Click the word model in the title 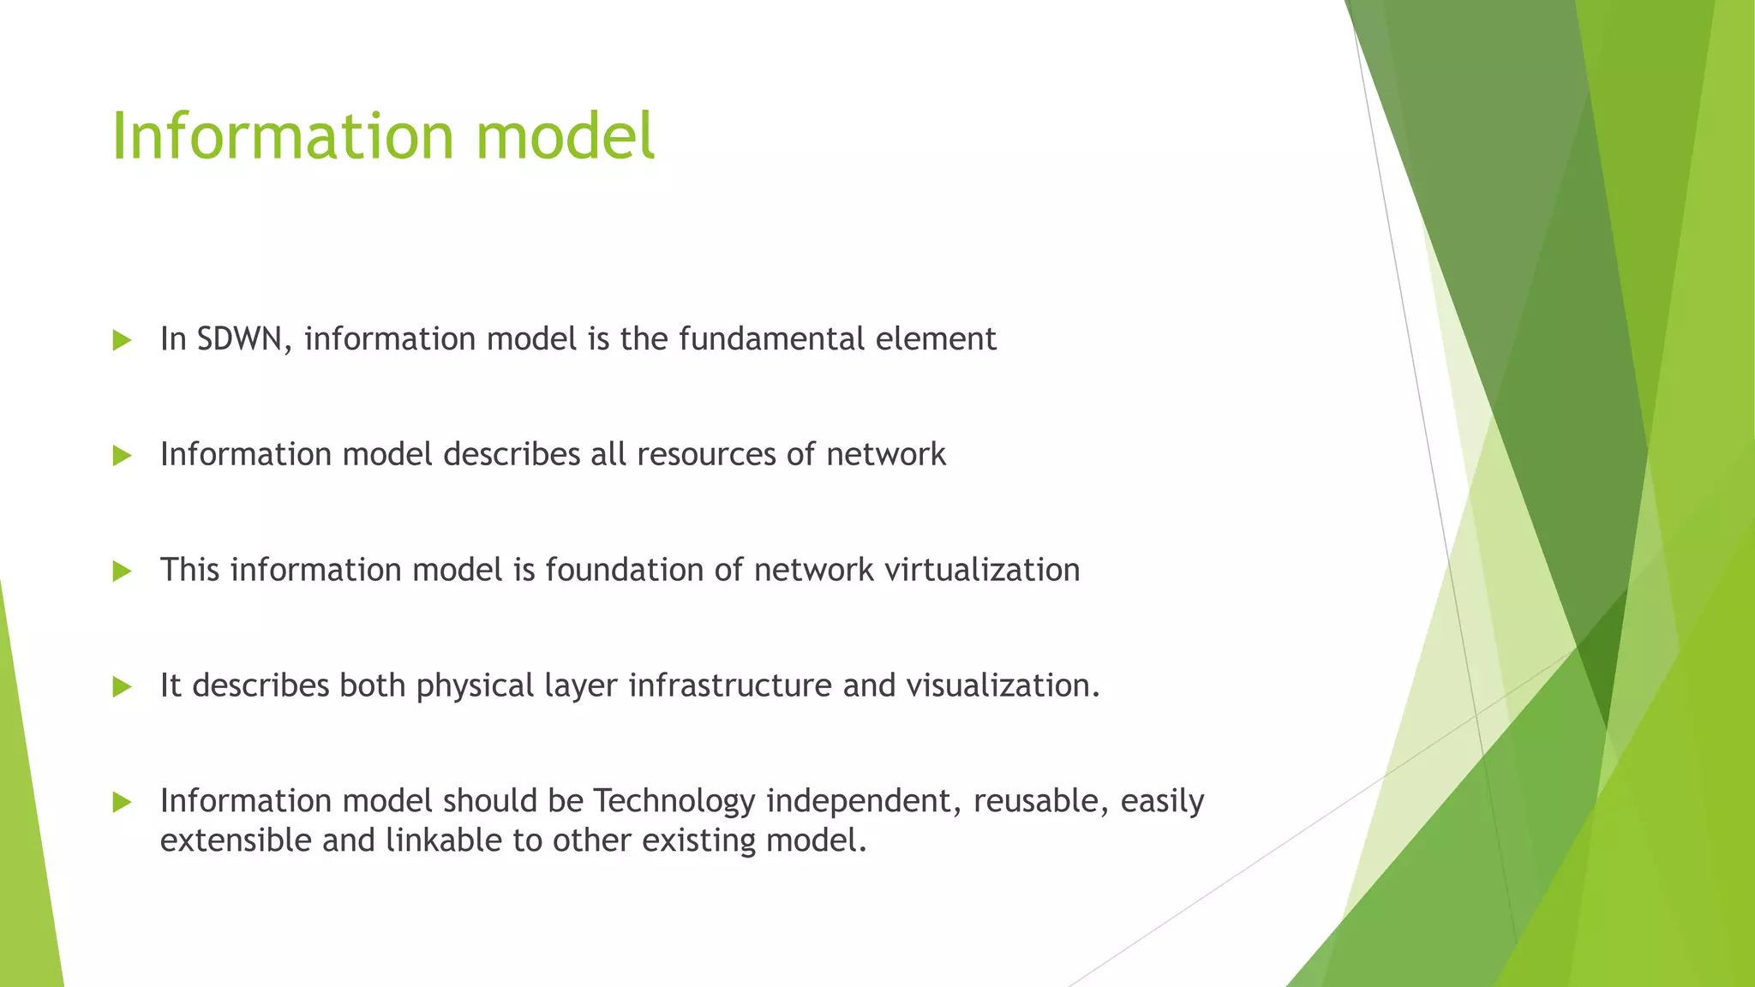(x=566, y=135)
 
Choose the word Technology (x=674, y=802)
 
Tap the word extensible (x=236, y=840)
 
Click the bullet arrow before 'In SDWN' (x=122, y=340)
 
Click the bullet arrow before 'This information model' (x=122, y=571)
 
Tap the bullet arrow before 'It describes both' (x=122, y=687)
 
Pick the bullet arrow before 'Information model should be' (x=122, y=803)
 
